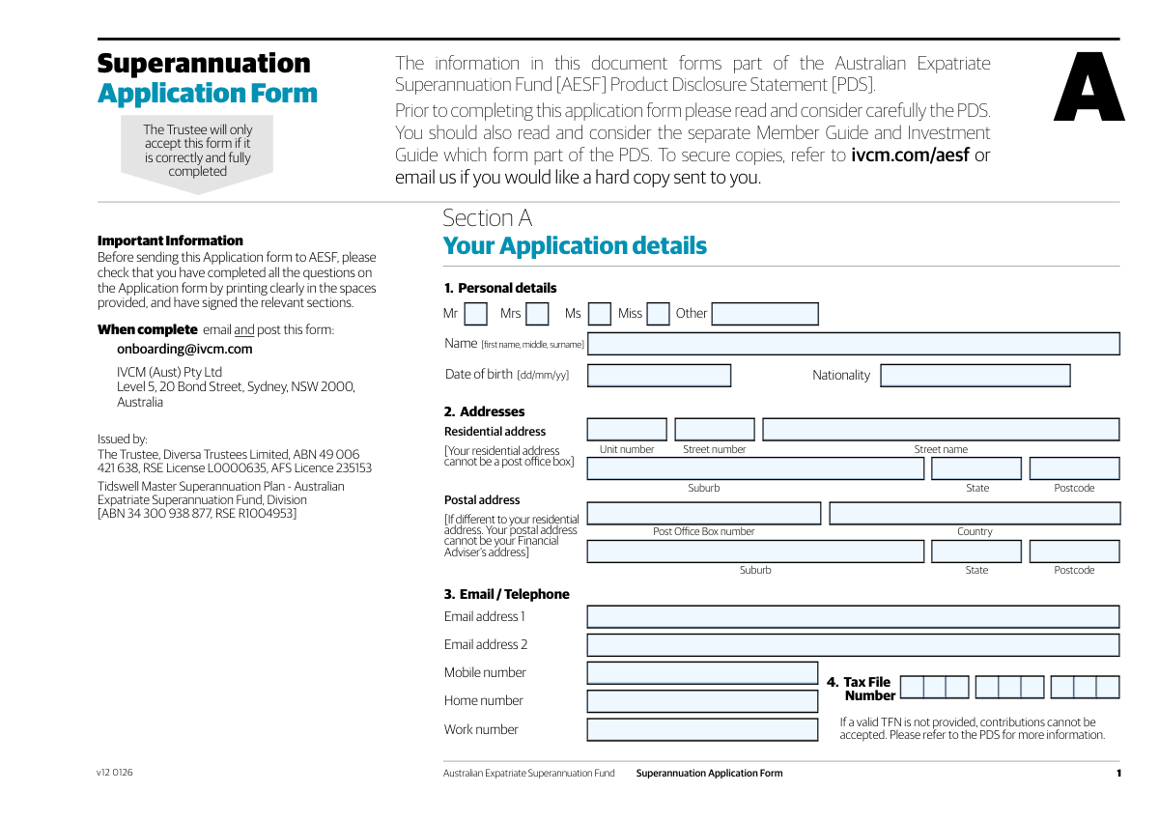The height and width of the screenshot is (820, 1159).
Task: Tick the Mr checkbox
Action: coord(475,314)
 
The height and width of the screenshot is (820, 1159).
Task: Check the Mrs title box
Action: coord(537,314)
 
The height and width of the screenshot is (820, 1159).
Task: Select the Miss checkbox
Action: coord(658,314)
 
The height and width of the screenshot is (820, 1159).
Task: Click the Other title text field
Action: coord(765,314)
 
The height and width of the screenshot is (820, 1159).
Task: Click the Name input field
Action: coord(853,344)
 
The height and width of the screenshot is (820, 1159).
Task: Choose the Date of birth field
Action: coord(659,376)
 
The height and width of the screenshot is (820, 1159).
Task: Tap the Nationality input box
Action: coord(975,376)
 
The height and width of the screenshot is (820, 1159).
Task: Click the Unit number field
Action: coord(627,430)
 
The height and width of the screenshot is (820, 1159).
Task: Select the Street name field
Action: coord(941,430)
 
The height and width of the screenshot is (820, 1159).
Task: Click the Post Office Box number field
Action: coord(704,514)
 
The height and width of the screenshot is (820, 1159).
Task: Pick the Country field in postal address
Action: coord(975,514)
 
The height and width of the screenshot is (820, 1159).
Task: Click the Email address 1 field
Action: coord(853,617)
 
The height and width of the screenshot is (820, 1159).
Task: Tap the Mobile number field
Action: coord(702,673)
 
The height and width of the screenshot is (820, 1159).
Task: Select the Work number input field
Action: coord(702,730)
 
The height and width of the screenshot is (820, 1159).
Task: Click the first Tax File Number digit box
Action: coord(911,688)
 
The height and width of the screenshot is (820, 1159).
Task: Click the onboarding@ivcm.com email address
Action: coord(184,350)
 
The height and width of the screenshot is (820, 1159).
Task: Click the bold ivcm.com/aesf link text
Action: coord(909,156)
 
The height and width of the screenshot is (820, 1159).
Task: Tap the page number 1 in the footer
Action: coord(1118,774)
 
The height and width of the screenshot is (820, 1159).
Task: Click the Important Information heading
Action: coord(170,240)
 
